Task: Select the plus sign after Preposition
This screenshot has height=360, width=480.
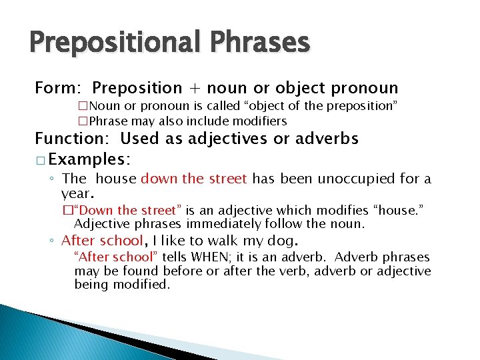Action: click(195, 88)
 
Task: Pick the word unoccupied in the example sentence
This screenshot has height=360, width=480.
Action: click(354, 179)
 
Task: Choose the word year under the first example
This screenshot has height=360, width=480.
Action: click(77, 193)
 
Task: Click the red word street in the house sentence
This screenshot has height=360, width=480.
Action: click(226, 179)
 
